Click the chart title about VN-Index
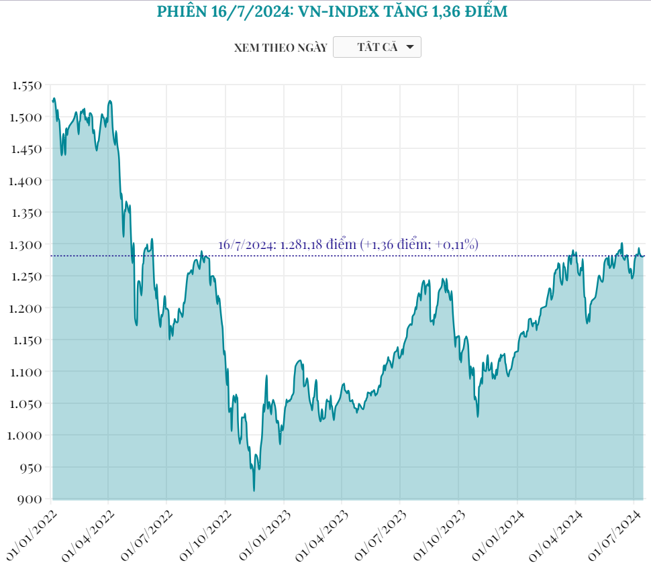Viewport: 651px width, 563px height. tap(332, 11)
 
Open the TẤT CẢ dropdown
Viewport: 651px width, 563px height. tap(377, 47)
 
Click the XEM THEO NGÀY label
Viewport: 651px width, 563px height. tap(281, 48)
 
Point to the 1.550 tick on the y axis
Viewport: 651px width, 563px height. tap(27, 85)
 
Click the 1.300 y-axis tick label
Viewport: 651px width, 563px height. tap(27, 244)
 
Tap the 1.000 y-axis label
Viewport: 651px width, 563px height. tap(27, 436)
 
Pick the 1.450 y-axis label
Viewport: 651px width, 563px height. tap(27, 149)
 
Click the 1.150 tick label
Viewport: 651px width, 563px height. tap(27, 340)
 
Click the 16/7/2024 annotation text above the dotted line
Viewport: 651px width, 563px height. tap(348, 245)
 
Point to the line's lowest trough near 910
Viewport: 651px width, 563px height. tap(254, 491)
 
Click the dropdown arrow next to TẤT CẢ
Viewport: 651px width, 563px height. tap(410, 47)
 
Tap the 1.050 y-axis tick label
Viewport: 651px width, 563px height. tap(27, 403)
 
